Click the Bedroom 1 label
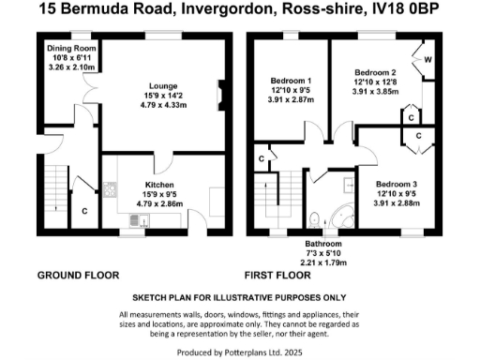[x=290, y=80]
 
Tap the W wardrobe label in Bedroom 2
[x=427, y=60]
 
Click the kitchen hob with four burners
[x=110, y=190]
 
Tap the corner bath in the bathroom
[x=345, y=215]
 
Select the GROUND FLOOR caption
[x=78, y=277]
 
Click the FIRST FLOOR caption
[x=278, y=277]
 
